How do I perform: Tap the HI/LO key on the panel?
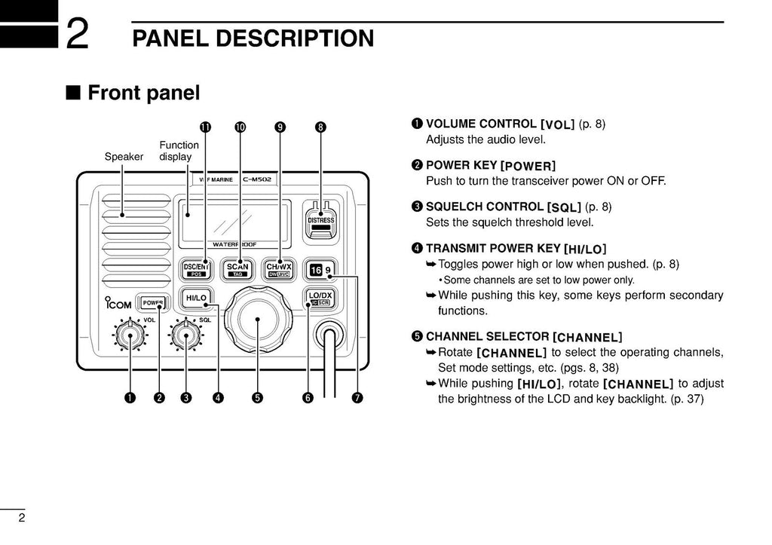coord(196,299)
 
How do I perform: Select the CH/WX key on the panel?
coord(279,270)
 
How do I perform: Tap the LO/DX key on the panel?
coord(320,299)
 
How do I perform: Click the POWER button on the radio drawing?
coord(154,302)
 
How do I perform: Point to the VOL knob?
coord(130,336)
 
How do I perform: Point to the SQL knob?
coord(185,336)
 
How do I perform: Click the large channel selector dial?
coord(258,320)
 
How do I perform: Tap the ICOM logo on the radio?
coord(117,305)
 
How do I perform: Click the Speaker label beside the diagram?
coord(124,157)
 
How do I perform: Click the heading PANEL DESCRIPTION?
coord(253,38)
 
